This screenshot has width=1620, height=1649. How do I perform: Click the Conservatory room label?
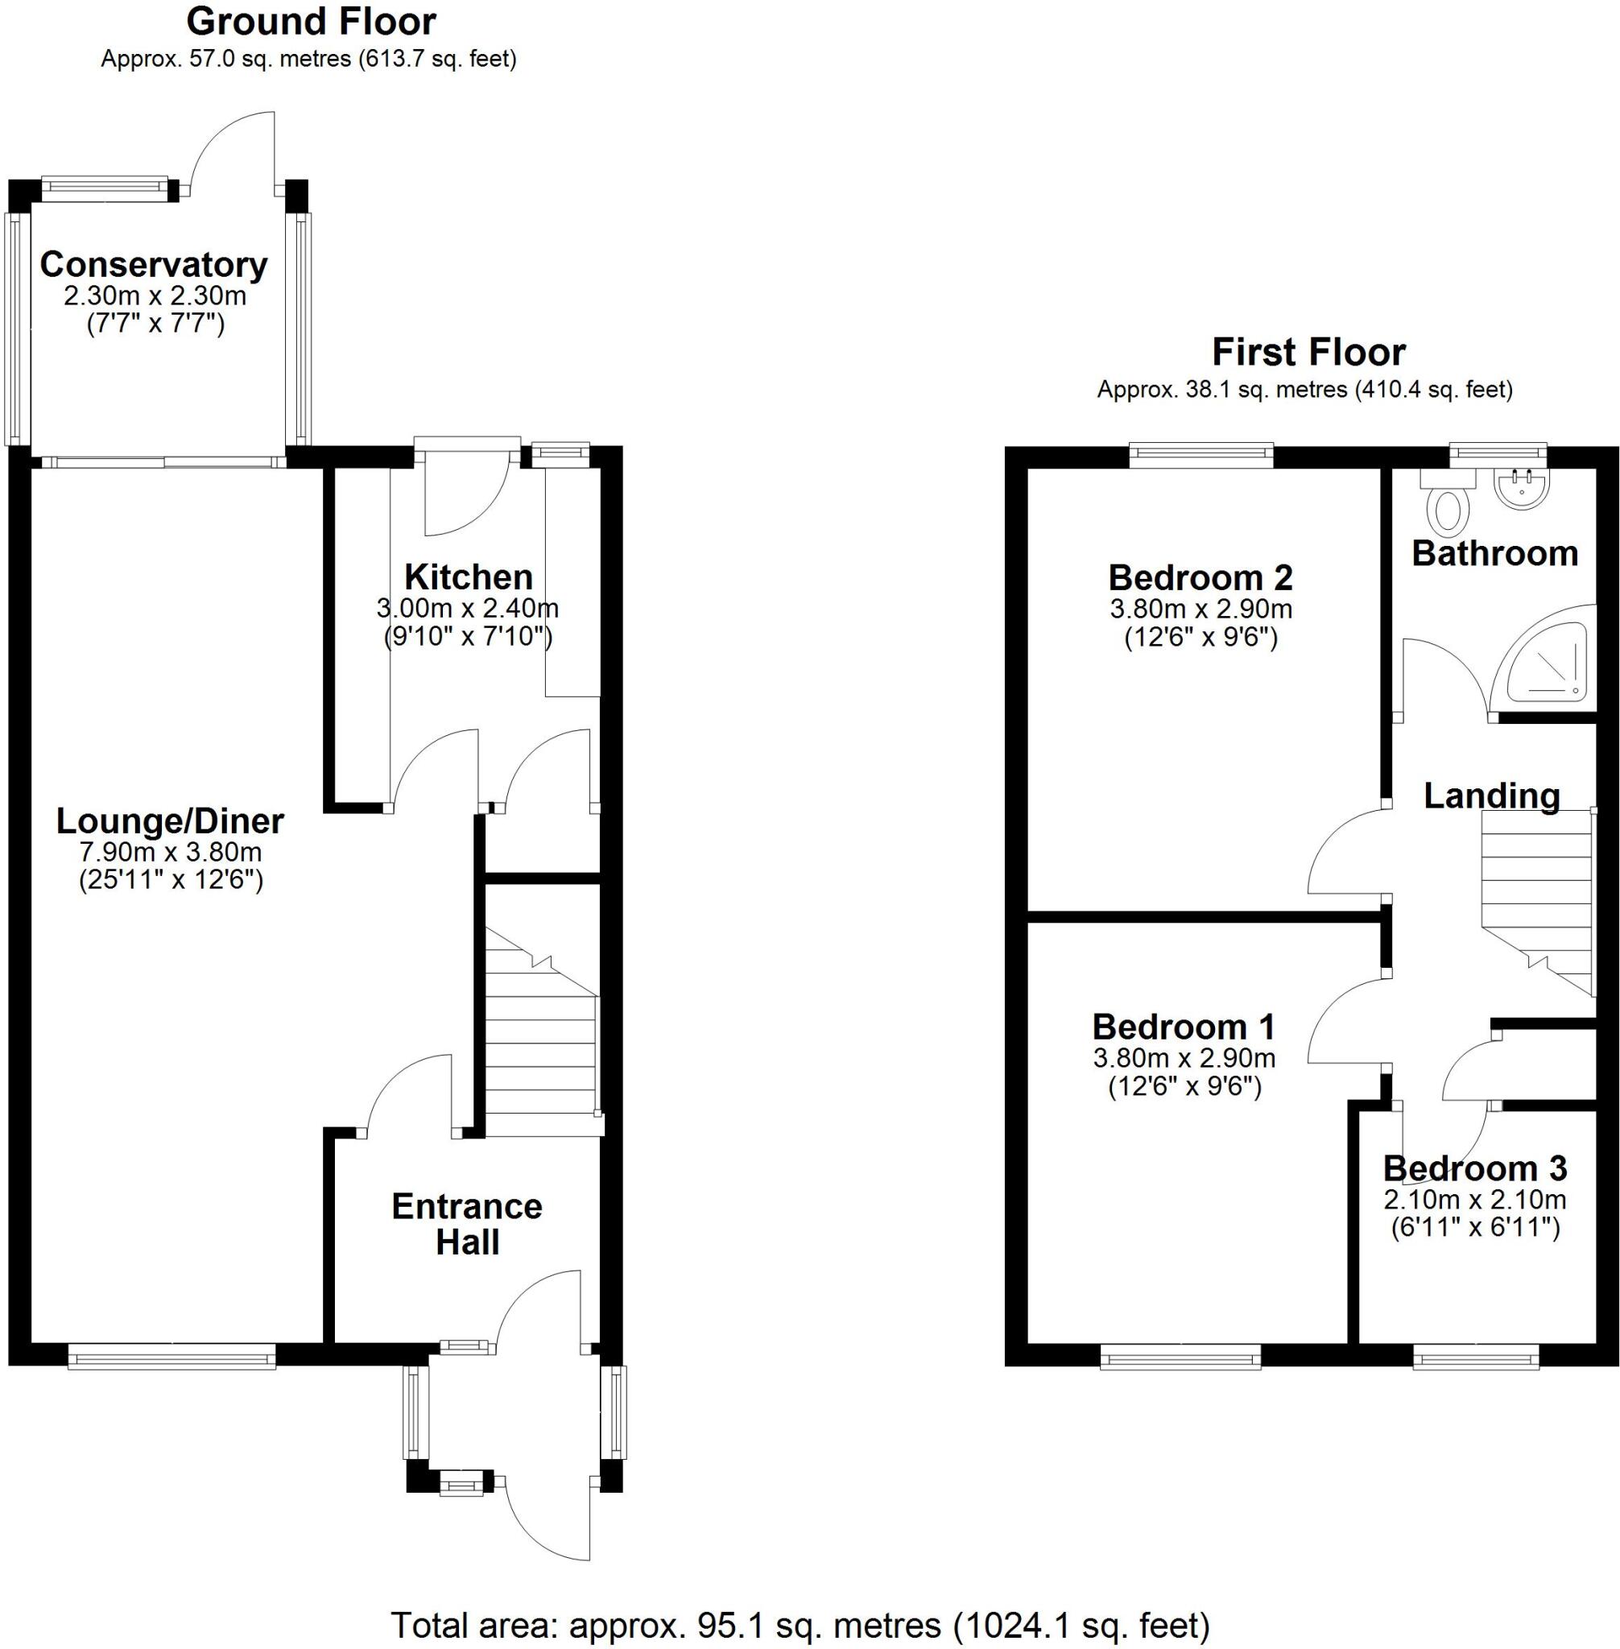[x=153, y=265]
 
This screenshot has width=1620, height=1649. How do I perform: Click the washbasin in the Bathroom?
[x=1523, y=490]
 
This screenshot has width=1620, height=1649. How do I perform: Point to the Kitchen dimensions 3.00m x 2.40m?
[x=467, y=609]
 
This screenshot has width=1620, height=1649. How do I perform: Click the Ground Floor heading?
[x=311, y=22]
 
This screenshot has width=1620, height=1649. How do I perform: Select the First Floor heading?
[x=1308, y=351]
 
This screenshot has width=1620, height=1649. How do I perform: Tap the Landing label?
[x=1491, y=796]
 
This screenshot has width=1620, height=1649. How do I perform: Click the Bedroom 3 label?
[x=1474, y=1168]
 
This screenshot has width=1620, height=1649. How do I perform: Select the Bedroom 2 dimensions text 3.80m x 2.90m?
[x=1201, y=610]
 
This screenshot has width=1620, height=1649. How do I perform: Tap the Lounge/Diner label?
[x=170, y=821]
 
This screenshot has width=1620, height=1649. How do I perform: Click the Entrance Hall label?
[x=466, y=1224]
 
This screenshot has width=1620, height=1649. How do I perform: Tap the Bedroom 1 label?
[x=1184, y=1027]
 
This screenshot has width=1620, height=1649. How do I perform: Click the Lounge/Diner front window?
[x=172, y=1355]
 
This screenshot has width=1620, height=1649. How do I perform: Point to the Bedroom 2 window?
[x=1201, y=455]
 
